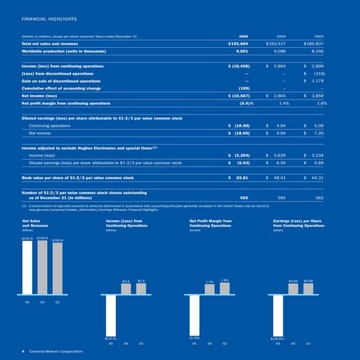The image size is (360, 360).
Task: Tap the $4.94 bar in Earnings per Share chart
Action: (x=293, y=288)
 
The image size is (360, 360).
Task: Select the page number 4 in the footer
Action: (x=23, y=351)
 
